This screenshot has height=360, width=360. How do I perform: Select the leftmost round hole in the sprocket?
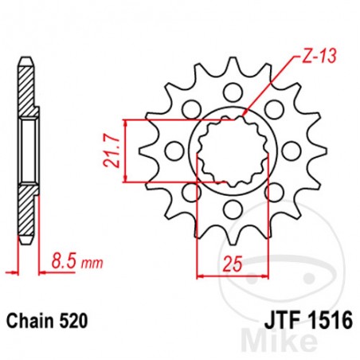tap(172, 149)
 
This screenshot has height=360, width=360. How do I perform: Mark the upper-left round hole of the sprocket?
tap(190, 108)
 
